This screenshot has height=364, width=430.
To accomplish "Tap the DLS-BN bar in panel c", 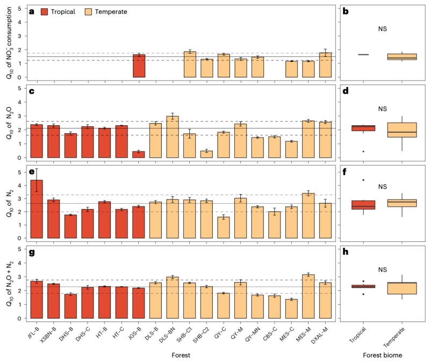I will coord(173,137).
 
